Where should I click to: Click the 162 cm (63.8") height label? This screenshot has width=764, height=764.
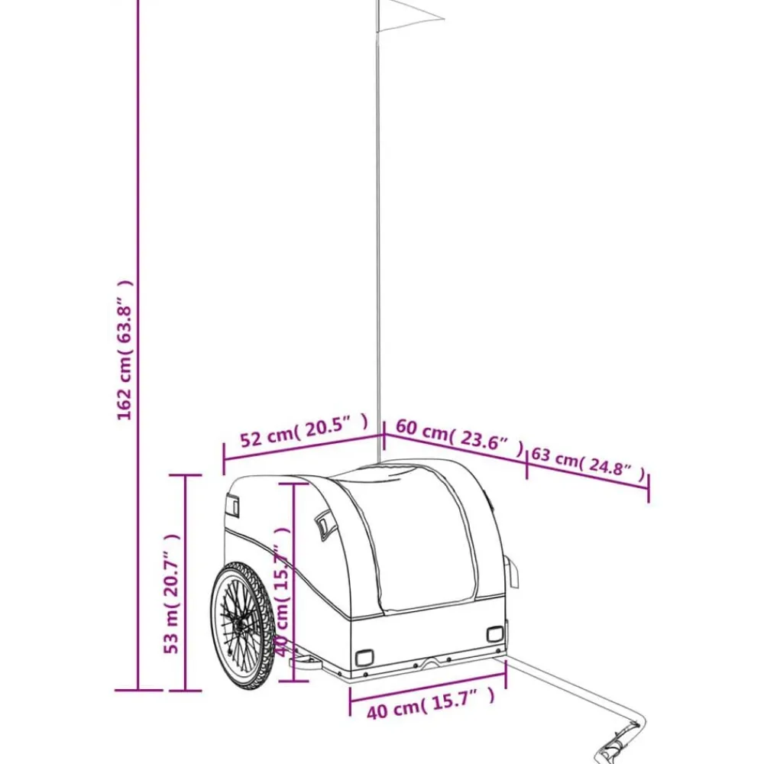125,350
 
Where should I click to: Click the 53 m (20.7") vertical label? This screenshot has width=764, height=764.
171,594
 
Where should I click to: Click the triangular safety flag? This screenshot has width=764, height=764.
410,16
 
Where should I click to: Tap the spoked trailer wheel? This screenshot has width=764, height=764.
243,626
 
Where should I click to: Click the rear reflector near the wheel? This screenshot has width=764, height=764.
364,658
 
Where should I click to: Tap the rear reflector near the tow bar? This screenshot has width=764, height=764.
495,634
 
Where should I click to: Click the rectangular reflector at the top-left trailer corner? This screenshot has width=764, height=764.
233,505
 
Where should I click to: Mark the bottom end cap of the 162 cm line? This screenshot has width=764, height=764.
138,690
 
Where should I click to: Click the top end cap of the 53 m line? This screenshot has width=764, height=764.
185,475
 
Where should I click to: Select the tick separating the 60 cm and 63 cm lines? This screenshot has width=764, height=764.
526,465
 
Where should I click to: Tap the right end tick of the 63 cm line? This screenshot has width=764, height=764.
648,487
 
